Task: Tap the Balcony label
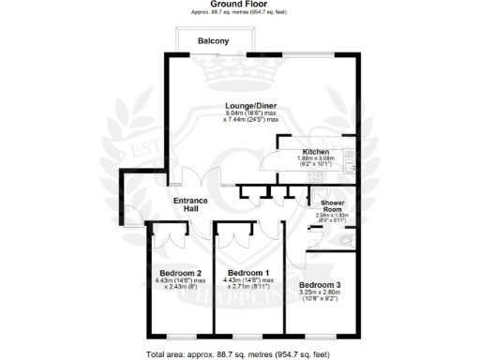[215, 41]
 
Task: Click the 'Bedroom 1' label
[249, 273]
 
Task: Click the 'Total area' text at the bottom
[239, 354]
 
